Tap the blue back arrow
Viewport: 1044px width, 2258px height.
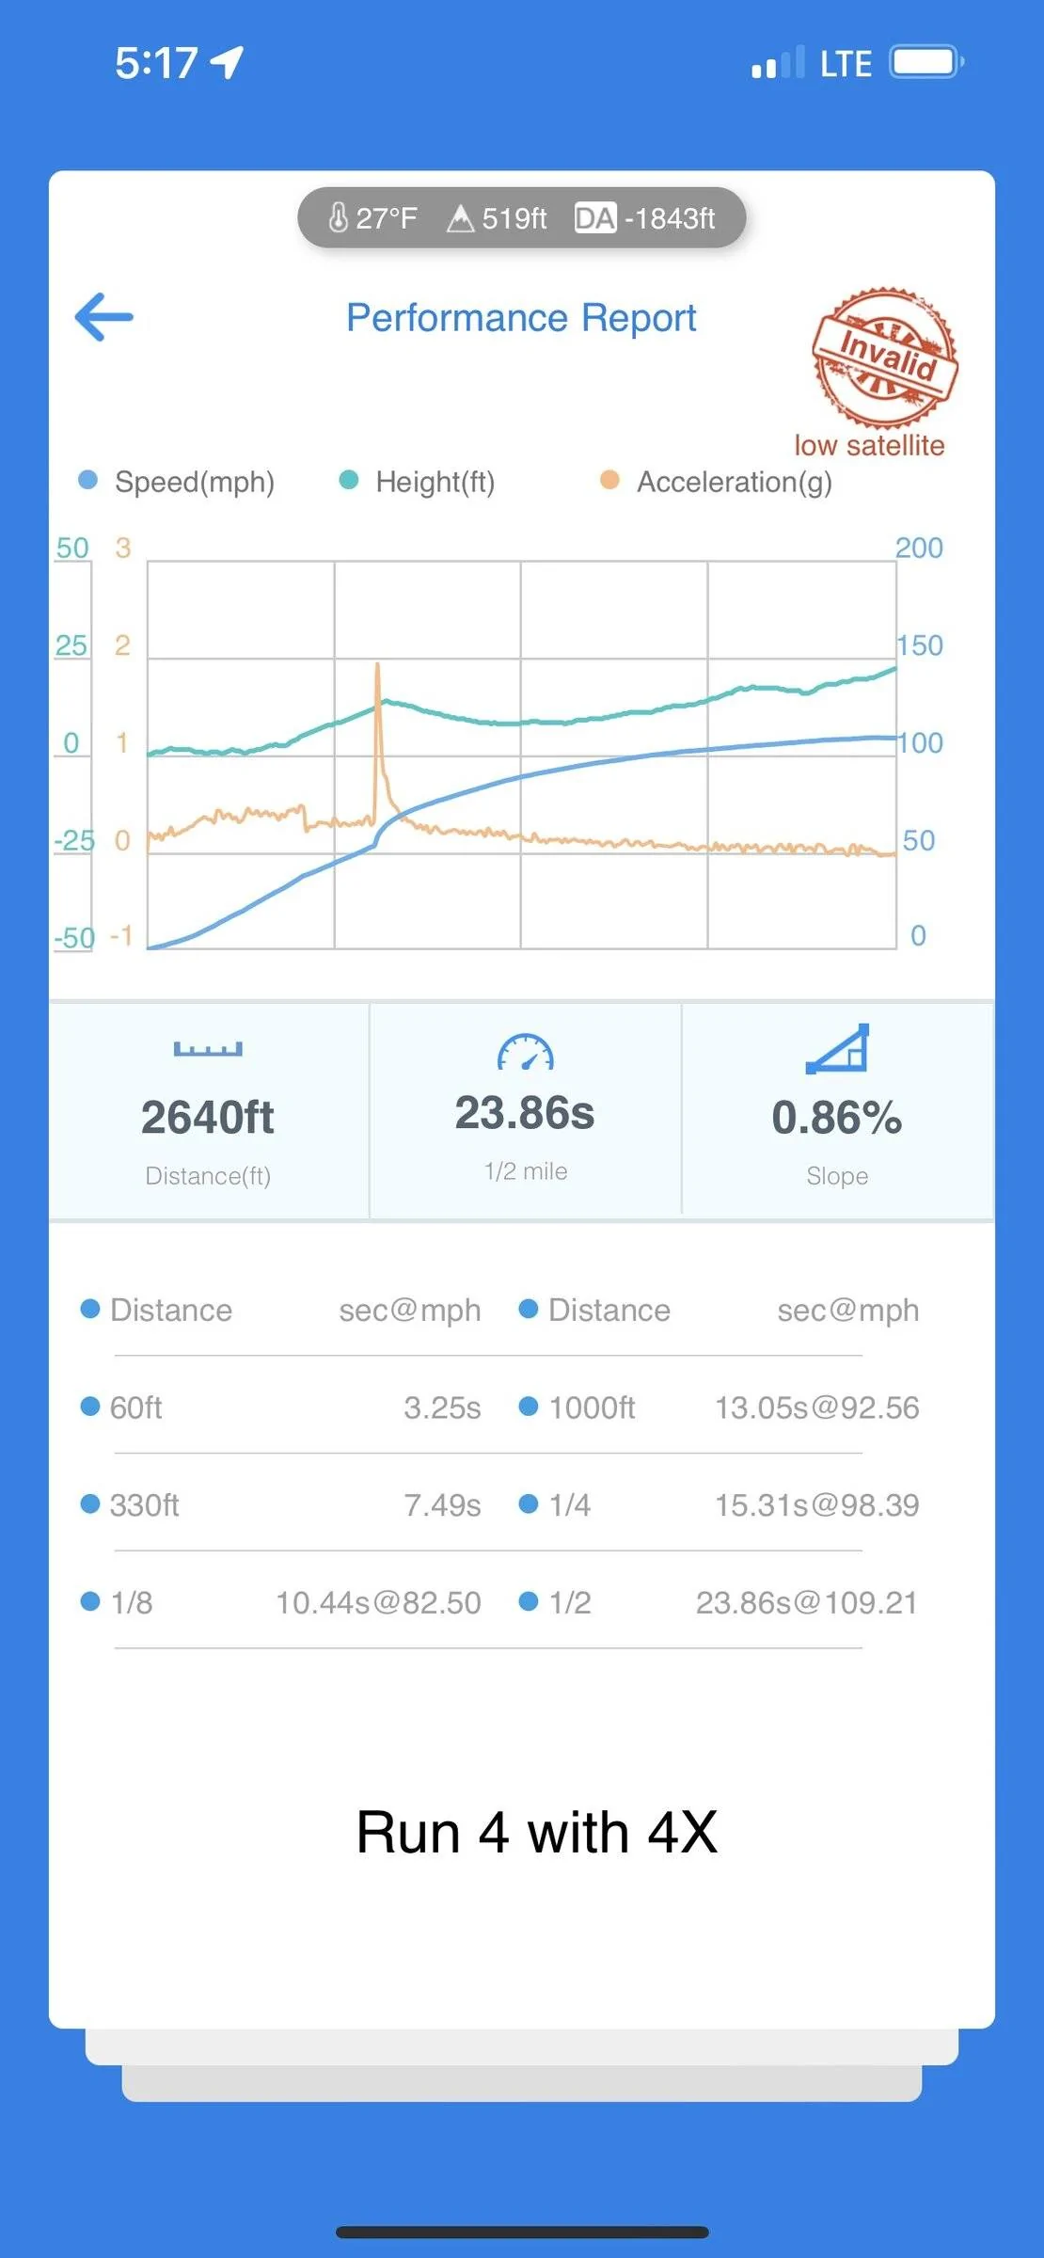104,317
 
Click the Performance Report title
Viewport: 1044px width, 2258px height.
521,318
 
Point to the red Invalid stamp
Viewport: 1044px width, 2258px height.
885,357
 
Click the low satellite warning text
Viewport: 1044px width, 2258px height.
869,445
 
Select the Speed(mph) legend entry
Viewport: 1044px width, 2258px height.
177,482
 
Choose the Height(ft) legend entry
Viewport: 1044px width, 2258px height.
417,482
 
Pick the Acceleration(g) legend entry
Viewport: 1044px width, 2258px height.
717,482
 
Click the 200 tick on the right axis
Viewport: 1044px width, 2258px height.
919,548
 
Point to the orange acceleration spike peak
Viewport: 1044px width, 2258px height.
378,665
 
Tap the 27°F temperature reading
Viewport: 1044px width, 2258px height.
372,218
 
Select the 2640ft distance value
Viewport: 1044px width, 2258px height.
208,1118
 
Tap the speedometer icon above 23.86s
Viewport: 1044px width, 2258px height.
526,1053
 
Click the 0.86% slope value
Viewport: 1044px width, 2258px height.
837,1118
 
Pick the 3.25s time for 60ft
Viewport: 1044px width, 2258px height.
442,1407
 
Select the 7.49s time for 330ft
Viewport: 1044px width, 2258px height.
442,1505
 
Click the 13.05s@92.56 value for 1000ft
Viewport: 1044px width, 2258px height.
817,1407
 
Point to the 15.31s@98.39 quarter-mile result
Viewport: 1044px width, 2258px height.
817,1505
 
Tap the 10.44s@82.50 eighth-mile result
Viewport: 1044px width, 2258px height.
378,1603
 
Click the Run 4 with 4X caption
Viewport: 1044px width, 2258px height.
537,1833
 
